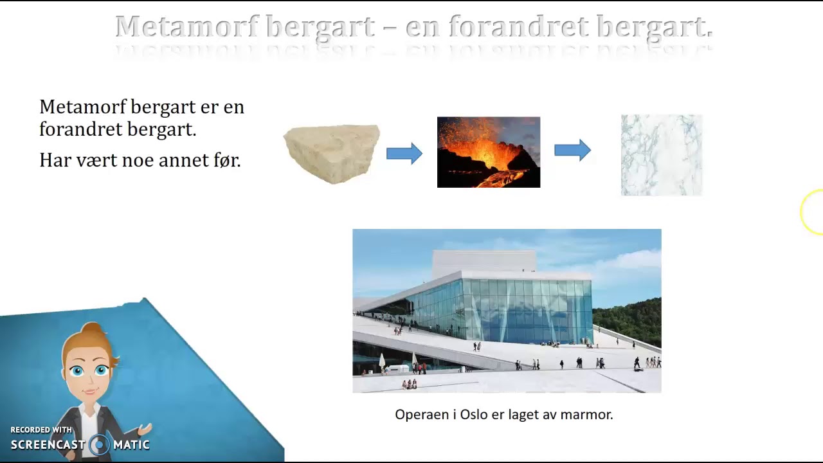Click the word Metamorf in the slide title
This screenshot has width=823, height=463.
(186, 27)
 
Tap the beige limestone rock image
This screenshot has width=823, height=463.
(332, 153)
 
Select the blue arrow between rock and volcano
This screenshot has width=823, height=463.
(404, 154)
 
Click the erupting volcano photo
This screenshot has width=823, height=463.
(489, 152)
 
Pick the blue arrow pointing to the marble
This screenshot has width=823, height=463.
(572, 150)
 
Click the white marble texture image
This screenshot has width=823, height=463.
(662, 155)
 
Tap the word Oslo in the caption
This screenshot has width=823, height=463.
(475, 415)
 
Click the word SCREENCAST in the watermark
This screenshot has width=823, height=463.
(48, 445)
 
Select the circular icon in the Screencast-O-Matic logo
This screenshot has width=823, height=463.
(99, 444)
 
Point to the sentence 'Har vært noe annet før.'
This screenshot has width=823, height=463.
(140, 160)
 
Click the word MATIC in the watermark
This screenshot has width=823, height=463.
(131, 445)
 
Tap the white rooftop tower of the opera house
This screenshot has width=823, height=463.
(484, 260)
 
